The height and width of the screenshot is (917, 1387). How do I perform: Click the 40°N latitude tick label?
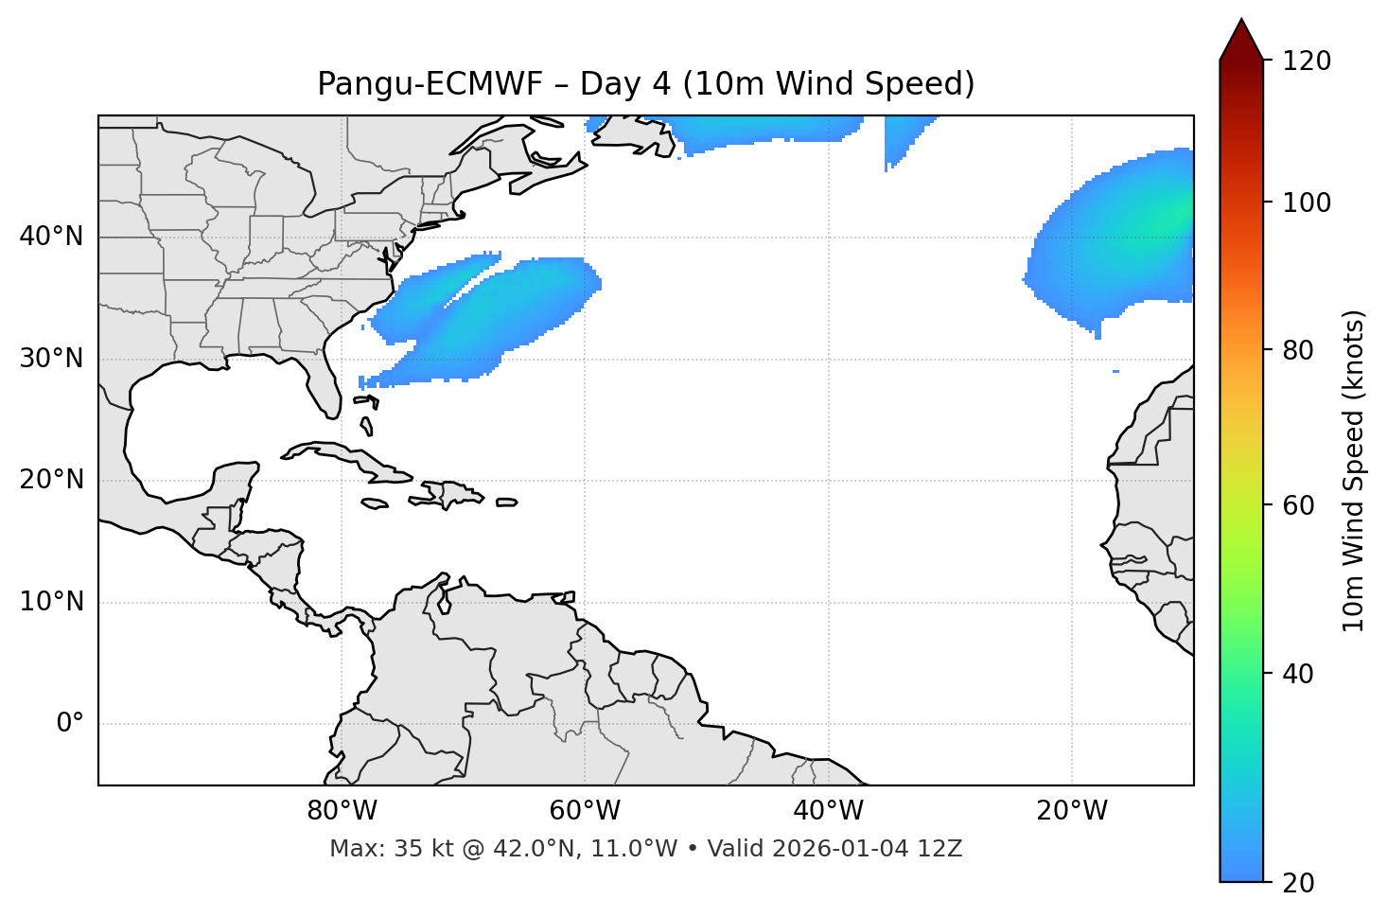point(51,237)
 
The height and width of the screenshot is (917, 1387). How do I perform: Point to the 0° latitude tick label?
point(70,724)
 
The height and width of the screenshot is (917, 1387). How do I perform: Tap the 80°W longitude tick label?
point(342,811)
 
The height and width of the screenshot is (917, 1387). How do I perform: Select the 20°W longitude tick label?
point(1072,811)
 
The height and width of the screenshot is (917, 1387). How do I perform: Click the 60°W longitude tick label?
point(585,811)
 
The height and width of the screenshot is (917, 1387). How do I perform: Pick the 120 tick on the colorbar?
point(1308,61)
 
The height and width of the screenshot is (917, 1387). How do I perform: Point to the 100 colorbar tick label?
point(1308,203)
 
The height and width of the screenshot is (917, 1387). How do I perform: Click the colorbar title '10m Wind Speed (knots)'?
point(1354,470)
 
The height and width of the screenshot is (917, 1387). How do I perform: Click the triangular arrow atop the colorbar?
point(1240,41)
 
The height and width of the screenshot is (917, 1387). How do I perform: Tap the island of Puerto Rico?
point(507,503)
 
